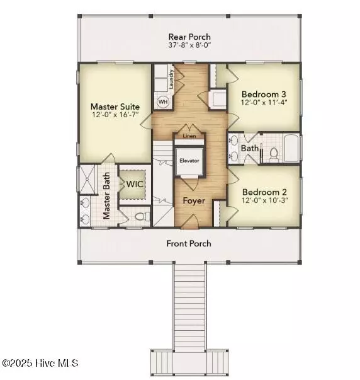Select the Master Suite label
[x=115, y=107]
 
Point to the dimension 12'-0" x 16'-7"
[x=115, y=116]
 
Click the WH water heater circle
[x=162, y=102]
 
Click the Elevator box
[x=189, y=161]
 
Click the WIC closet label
[x=135, y=184]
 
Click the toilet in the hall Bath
[x=274, y=153]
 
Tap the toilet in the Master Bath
[x=140, y=216]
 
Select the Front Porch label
[x=189, y=243]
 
